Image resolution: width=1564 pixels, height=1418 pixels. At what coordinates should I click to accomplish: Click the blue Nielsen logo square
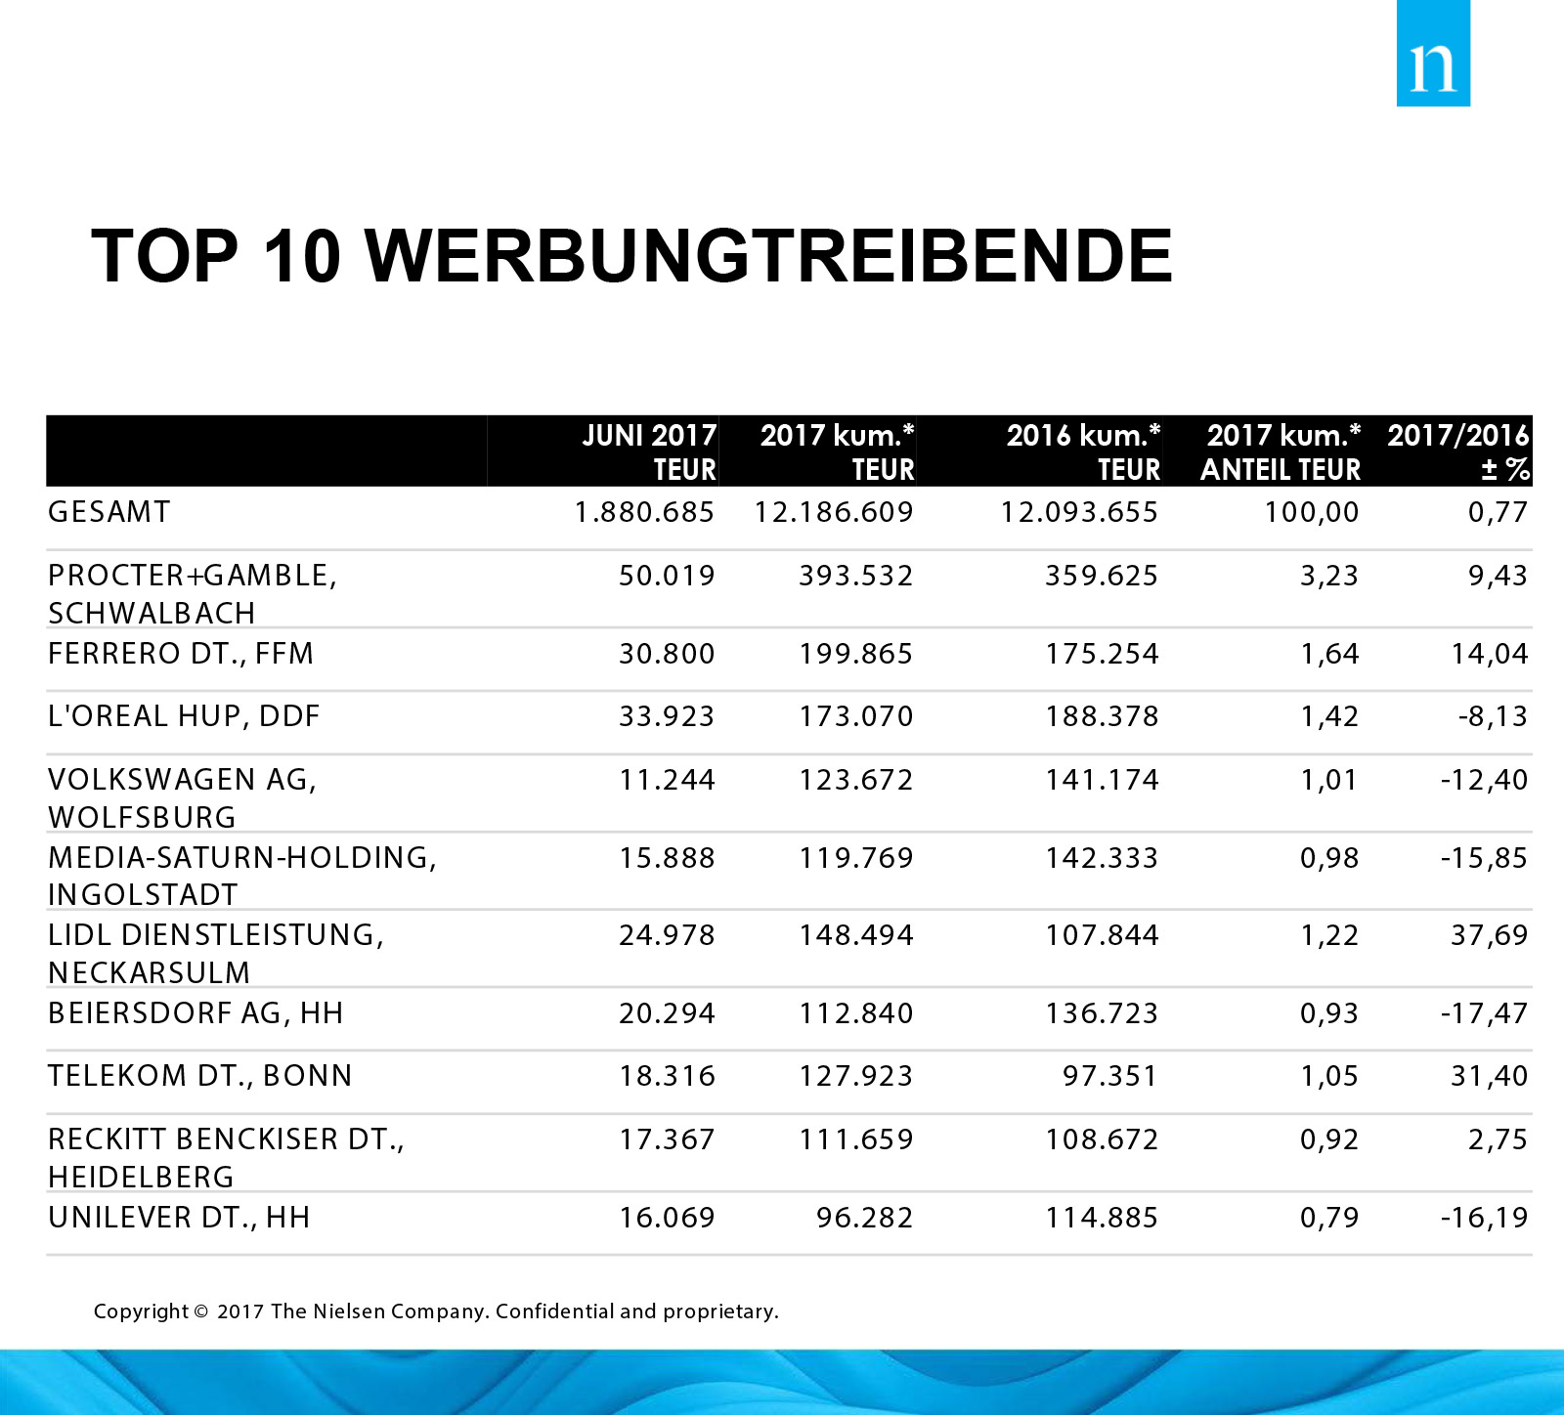click(x=1432, y=54)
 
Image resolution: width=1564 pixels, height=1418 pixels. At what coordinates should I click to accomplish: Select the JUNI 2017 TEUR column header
click(x=649, y=451)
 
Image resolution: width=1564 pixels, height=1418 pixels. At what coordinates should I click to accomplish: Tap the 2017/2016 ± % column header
click(x=1457, y=451)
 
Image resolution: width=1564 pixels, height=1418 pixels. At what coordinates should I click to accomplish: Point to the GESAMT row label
click(x=109, y=512)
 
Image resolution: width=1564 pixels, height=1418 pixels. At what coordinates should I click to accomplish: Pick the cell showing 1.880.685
click(x=644, y=512)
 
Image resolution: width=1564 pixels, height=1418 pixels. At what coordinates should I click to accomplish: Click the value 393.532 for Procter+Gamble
click(x=855, y=576)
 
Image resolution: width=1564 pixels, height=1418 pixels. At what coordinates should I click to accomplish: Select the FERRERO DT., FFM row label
click(x=181, y=653)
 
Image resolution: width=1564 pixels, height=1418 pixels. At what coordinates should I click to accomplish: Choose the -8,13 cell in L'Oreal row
click(x=1492, y=716)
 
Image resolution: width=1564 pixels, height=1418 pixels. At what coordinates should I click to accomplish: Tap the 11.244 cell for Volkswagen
click(x=667, y=780)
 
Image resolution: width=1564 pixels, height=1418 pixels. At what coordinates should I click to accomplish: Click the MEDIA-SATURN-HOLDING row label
click(x=241, y=858)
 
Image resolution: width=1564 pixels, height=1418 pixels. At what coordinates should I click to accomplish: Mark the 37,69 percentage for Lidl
click(x=1489, y=935)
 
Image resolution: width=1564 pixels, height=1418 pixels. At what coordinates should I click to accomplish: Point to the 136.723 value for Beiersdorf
click(x=1102, y=1013)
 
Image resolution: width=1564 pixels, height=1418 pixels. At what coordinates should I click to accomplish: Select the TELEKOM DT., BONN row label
click(x=200, y=1076)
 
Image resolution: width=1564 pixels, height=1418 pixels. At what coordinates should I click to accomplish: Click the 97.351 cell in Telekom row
click(x=1109, y=1076)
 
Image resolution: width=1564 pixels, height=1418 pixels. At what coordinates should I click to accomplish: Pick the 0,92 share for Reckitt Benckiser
click(x=1328, y=1139)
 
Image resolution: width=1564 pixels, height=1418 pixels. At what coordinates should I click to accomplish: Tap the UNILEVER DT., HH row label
click(x=179, y=1218)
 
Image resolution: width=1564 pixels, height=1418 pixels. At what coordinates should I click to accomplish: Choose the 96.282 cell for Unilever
click(x=864, y=1218)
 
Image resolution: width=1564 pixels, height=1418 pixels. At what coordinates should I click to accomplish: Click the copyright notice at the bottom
click(x=436, y=1311)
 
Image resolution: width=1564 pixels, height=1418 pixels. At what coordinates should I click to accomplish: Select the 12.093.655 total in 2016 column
click(x=1078, y=512)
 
